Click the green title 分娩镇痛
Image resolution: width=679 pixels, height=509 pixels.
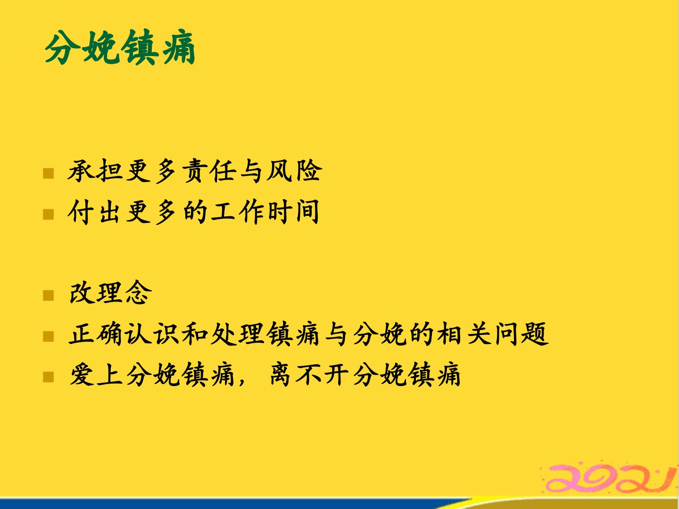click(120, 47)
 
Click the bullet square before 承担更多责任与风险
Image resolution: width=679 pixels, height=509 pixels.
click(48, 173)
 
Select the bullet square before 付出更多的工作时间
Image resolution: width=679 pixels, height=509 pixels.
click(48, 214)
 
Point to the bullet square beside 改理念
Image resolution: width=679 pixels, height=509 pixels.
click(48, 295)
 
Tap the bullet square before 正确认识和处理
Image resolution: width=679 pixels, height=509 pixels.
click(48, 336)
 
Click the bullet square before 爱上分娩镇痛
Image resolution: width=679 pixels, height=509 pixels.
click(48, 377)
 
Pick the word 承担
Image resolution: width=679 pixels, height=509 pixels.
click(95, 171)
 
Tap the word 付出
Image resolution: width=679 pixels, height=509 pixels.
click(94, 212)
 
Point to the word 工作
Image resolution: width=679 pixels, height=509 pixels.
click(237, 212)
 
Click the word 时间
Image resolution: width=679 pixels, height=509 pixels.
click(294, 212)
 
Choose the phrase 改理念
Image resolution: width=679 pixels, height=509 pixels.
click(111, 293)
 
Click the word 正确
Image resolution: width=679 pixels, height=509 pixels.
click(96, 334)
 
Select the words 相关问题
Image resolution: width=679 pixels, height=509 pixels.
click(493, 334)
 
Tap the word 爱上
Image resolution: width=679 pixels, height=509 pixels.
click(96, 375)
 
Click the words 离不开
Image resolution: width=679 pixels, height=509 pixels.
click(310, 375)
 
